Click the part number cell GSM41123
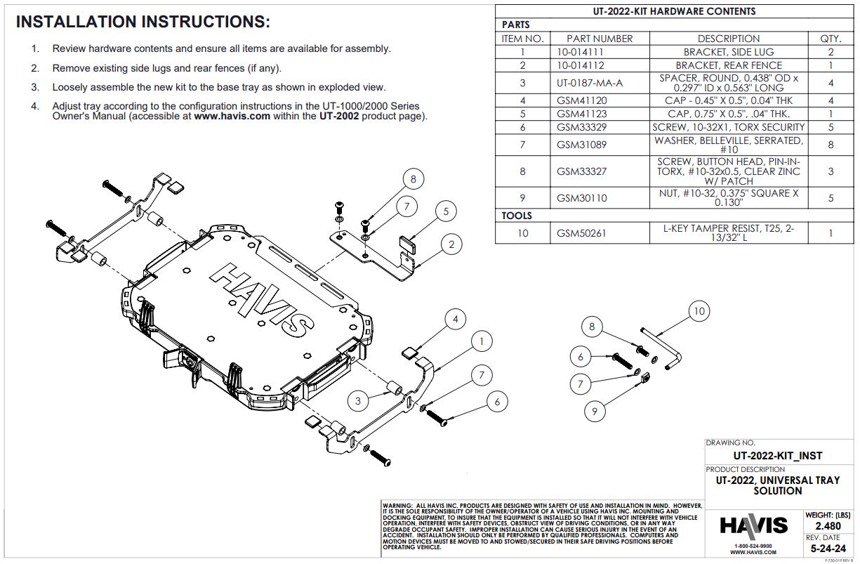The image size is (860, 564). coord(581,114)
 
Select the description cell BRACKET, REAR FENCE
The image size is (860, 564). coord(728,65)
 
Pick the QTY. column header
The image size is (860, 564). coord(831,39)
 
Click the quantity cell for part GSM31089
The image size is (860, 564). coord(831,145)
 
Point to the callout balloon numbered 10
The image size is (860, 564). coord(699,311)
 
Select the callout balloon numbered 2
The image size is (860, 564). coord(452,244)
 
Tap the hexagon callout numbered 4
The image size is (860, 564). coord(455,320)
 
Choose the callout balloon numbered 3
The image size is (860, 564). coord(358,401)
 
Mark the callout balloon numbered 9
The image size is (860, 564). coord(595,411)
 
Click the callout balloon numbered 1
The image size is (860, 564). coord(481,342)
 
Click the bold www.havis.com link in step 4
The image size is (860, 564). coord(232,117)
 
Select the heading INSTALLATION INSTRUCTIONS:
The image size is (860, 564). coord(143,22)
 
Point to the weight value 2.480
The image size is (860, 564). coord(829,526)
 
